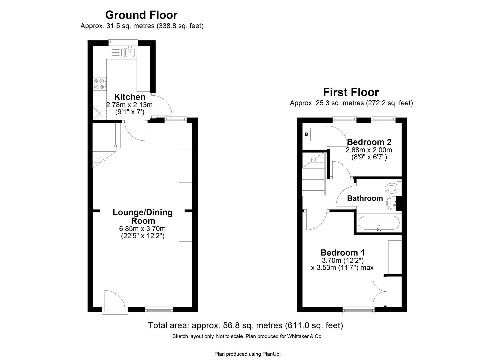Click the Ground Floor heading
[x=141, y=15]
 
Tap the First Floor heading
[x=351, y=92]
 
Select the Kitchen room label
[x=130, y=97]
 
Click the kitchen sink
[x=130, y=52]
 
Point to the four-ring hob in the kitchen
[x=99, y=84]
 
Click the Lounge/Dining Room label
[x=142, y=216]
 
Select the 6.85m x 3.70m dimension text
[x=142, y=229]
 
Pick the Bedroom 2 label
[x=369, y=142]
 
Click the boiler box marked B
[x=307, y=134]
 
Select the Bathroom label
[x=365, y=198]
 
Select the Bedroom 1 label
[x=342, y=252]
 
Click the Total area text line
[x=245, y=325]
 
